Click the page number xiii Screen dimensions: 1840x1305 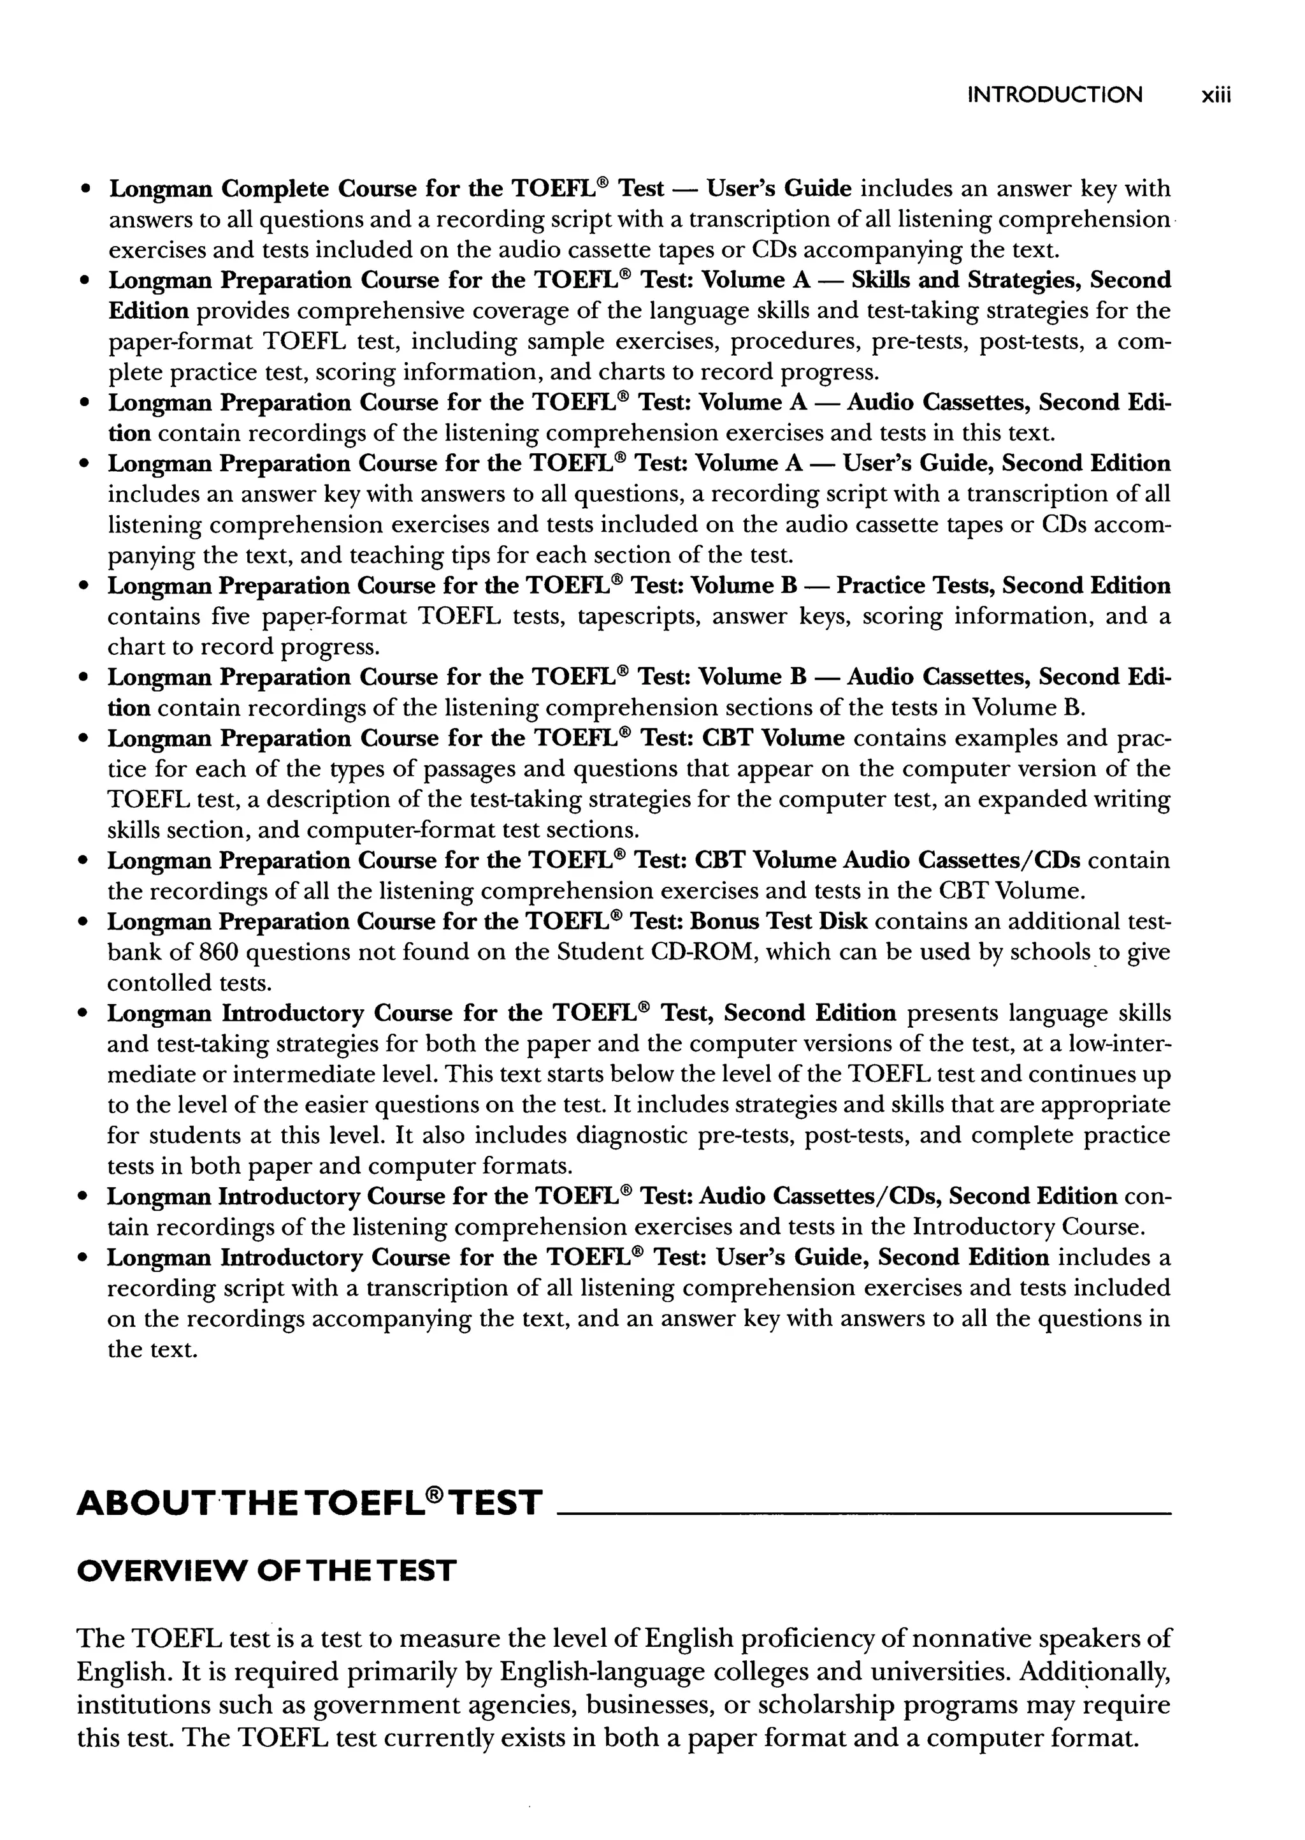click(1215, 96)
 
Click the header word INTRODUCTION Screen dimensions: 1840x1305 click(1055, 95)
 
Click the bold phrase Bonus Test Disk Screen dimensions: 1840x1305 click(779, 922)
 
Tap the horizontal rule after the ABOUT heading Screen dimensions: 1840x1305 click(864, 1514)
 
